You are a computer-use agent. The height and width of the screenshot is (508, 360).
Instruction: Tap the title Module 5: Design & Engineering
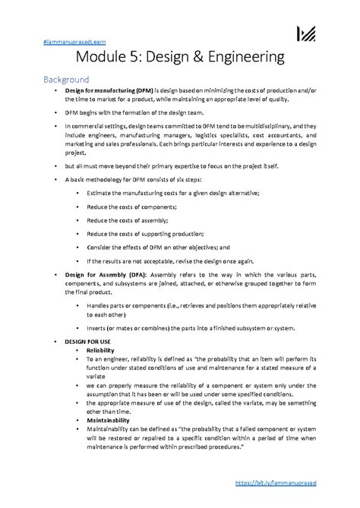(180, 57)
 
